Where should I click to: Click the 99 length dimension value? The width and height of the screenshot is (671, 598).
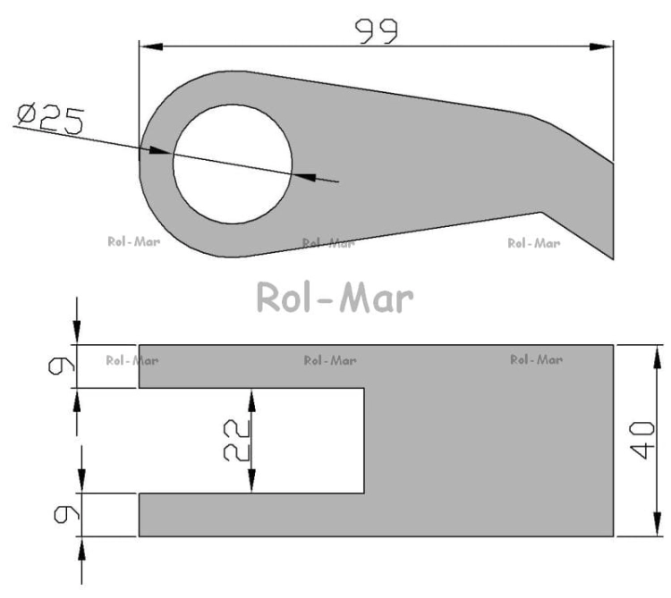(x=376, y=31)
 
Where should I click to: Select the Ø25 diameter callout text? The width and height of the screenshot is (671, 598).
(x=50, y=118)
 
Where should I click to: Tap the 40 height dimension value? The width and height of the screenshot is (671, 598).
(x=642, y=441)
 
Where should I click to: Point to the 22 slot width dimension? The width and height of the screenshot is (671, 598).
(x=237, y=441)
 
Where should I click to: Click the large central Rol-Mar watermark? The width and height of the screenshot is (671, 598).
(x=335, y=297)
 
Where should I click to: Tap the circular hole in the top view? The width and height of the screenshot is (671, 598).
(x=233, y=164)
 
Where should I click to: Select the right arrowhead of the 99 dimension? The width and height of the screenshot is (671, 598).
(x=601, y=46)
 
